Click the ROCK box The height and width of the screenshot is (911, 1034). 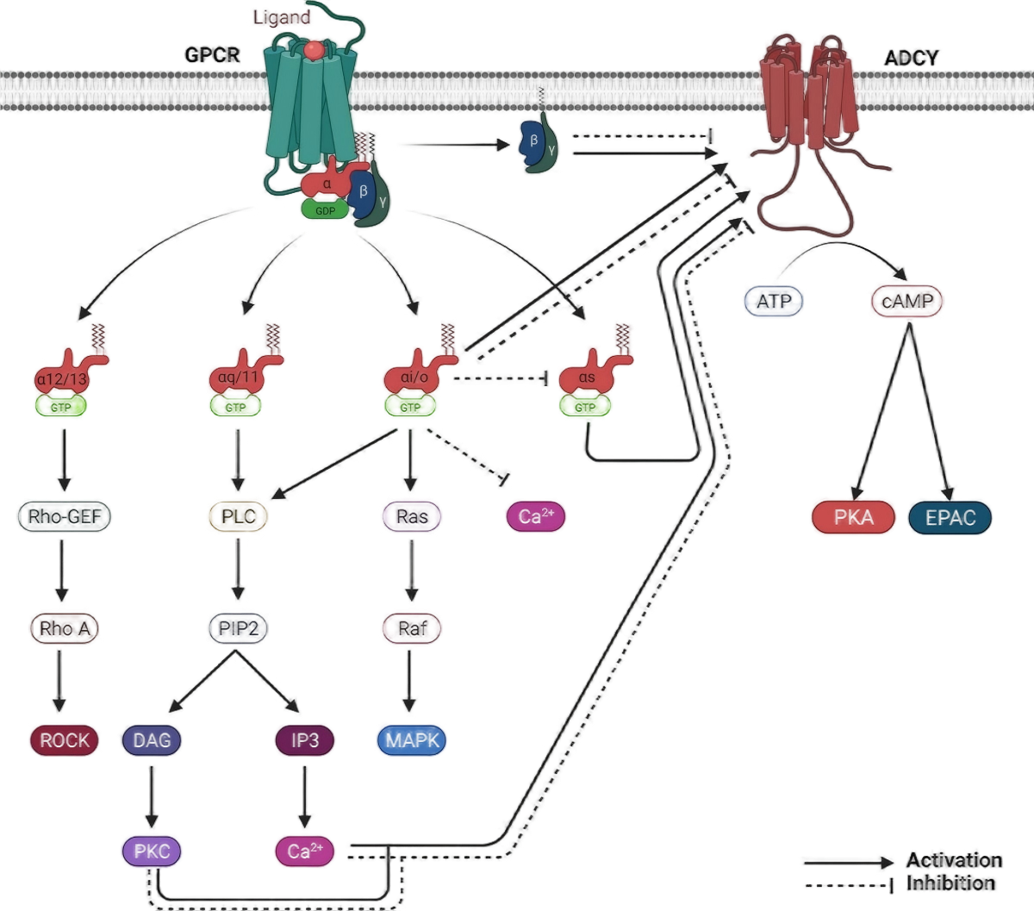click(65, 740)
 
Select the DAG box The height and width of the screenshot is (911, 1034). click(153, 740)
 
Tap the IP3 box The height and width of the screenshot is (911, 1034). click(303, 740)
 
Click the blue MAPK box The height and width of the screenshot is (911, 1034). click(412, 740)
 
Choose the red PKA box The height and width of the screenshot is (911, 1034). click(853, 517)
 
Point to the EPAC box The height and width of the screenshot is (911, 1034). click(950, 517)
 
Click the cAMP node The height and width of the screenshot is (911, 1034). click(907, 301)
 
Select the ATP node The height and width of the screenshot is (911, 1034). click(773, 301)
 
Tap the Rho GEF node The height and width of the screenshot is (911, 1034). click(65, 515)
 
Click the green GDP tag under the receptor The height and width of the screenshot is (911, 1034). click(324, 209)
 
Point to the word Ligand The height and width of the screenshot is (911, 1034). click(282, 17)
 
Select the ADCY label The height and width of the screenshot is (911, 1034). click(913, 59)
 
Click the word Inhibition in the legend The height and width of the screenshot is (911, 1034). click(950, 883)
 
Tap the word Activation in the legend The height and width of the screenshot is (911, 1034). click(953, 860)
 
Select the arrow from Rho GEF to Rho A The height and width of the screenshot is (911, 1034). click(60, 571)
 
